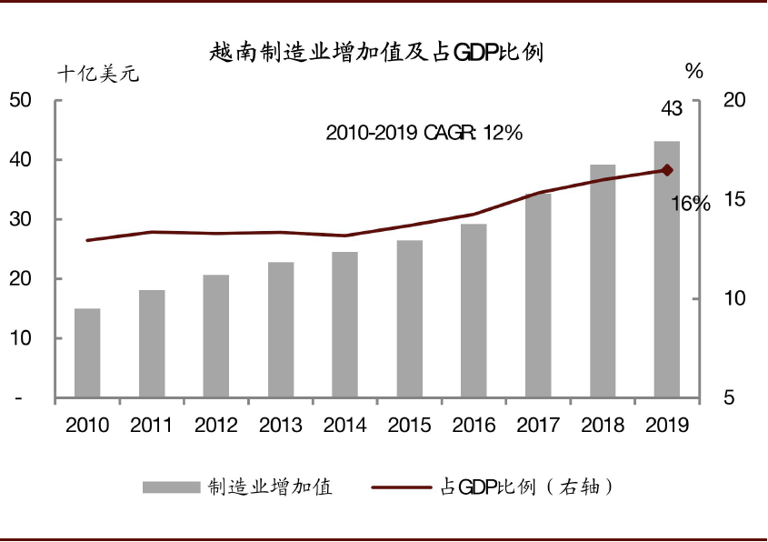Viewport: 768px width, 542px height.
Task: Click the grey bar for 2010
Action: coord(87,353)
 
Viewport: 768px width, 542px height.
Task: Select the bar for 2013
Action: coord(281,329)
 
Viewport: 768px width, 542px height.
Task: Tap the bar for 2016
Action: coord(474,310)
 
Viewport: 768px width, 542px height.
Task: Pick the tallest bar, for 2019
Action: coord(667,269)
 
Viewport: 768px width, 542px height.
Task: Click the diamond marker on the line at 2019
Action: coord(667,170)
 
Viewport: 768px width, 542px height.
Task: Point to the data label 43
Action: coord(671,109)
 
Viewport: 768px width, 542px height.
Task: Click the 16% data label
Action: coord(691,204)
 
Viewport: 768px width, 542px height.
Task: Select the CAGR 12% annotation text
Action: coord(424,133)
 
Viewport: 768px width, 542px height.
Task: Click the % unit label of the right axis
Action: coord(694,72)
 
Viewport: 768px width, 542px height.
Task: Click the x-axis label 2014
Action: coord(344,425)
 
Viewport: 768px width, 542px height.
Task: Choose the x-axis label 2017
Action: coord(538,425)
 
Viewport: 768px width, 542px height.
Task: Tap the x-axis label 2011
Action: coord(152,425)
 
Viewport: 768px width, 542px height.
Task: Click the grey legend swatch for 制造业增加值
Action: coord(170,487)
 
